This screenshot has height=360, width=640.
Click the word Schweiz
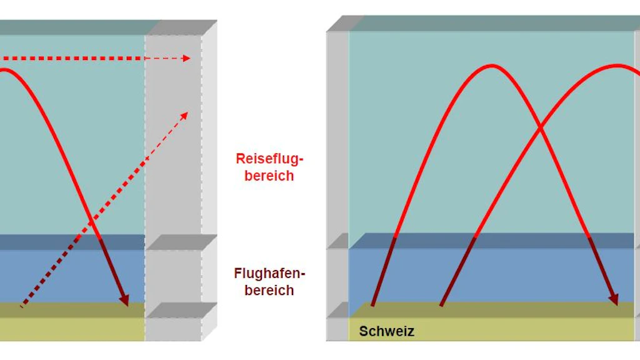tap(386, 331)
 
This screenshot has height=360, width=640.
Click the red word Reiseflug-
tap(269, 159)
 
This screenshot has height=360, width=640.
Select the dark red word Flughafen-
tap(269, 273)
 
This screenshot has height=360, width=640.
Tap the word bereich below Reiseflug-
tap(269, 176)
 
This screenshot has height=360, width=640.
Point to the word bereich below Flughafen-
tap(269, 290)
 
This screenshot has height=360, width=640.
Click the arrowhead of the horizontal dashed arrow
tap(187, 58)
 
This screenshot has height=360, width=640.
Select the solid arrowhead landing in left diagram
tap(124, 301)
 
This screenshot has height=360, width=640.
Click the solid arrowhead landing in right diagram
tap(614, 299)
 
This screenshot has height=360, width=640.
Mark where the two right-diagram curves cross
tap(541, 128)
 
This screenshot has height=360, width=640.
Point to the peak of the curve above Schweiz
tap(492, 66)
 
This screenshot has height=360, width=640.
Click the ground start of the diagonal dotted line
tap(22, 306)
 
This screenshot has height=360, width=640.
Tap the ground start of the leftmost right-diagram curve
tap(372, 304)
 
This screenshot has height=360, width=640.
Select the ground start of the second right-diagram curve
tap(441, 304)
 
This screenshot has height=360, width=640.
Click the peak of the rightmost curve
tap(617, 65)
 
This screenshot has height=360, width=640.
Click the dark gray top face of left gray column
tap(182, 27)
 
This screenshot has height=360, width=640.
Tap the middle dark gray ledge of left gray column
tap(182, 242)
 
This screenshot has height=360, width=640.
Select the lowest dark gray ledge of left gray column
tap(182, 310)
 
